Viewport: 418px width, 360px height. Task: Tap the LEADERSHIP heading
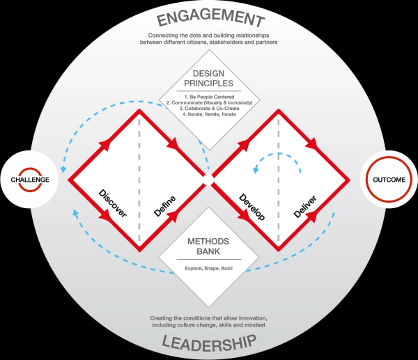pos(209,341)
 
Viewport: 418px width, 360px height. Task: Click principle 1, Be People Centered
pos(209,96)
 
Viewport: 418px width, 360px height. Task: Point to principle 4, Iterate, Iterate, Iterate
pos(209,114)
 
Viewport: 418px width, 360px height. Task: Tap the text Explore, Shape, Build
pos(209,267)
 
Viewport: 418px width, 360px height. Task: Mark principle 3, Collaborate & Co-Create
pos(209,108)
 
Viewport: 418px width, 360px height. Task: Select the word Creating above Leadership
pos(162,318)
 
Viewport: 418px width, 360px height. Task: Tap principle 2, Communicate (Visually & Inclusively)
pos(209,102)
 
